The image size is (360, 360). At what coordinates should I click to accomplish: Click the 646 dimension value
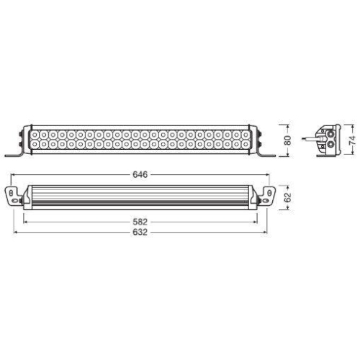tap(139, 174)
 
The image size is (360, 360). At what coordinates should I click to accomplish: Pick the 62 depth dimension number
tap(287, 197)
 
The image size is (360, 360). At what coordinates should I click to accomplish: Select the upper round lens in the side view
tap(330, 132)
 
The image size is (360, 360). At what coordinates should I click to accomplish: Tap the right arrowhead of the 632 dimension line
tap(271, 235)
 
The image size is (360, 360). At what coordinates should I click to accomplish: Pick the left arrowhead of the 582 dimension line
tap(24, 223)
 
